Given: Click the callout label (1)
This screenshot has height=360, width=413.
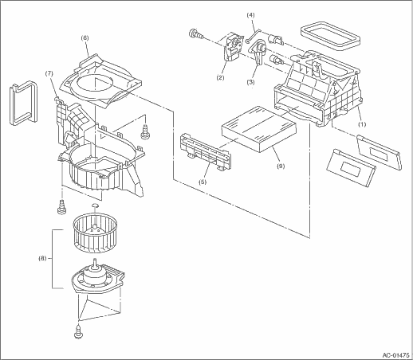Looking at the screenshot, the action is [362, 124].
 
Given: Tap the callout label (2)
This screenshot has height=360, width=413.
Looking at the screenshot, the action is [220, 78].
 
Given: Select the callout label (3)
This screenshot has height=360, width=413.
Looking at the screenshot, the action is [250, 82].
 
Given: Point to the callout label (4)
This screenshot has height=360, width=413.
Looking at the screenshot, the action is [250, 15].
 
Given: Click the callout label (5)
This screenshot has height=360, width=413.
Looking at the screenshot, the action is [203, 182].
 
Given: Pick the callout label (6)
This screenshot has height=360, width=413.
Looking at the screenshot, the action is [85, 38].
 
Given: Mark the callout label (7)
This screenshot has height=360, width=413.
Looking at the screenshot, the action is [49, 73].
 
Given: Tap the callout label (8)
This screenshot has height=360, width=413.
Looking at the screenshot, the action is [42, 258].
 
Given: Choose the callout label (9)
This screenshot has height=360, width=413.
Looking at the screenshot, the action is [281, 166].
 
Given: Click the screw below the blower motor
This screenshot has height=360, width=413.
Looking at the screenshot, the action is [78, 332].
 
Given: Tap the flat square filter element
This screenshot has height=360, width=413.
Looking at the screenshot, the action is [258, 129].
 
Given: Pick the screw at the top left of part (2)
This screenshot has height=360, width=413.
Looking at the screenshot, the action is [195, 34].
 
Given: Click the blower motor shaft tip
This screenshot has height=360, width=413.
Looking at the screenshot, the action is [94, 260].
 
